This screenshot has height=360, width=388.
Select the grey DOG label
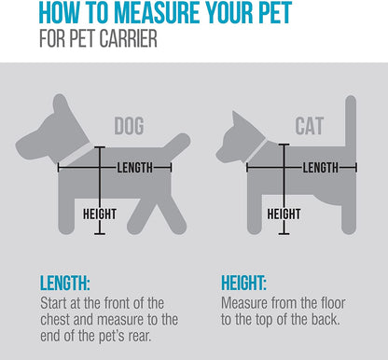[129, 126]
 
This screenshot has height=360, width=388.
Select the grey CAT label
[310, 126]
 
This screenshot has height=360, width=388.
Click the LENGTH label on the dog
[135, 168]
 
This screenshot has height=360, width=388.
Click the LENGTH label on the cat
[321, 168]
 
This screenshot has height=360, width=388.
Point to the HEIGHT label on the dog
[100, 214]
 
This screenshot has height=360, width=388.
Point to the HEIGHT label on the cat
[284, 214]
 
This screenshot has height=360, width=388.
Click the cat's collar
[256, 151]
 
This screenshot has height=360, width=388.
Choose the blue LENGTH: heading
[65, 283]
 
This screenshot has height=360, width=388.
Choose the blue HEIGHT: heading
[243, 283]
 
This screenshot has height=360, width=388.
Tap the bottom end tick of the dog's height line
[100, 233]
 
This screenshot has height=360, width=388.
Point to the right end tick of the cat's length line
[356, 168]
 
